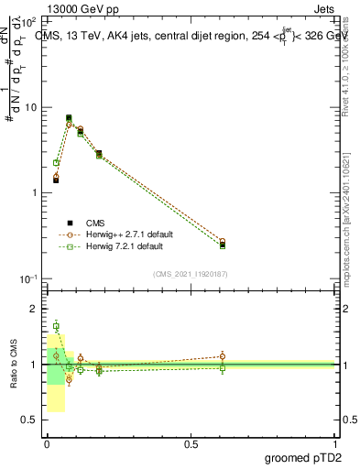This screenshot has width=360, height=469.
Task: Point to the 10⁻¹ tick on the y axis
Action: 29,278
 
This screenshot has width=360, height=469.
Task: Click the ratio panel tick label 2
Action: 35,310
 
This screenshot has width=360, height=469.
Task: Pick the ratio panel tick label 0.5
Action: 31,420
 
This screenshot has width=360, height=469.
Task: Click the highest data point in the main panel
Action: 69,117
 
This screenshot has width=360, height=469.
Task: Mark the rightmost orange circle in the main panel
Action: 223,242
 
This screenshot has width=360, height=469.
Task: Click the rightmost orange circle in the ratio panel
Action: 223,356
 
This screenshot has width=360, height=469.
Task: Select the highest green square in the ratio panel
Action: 56,326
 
